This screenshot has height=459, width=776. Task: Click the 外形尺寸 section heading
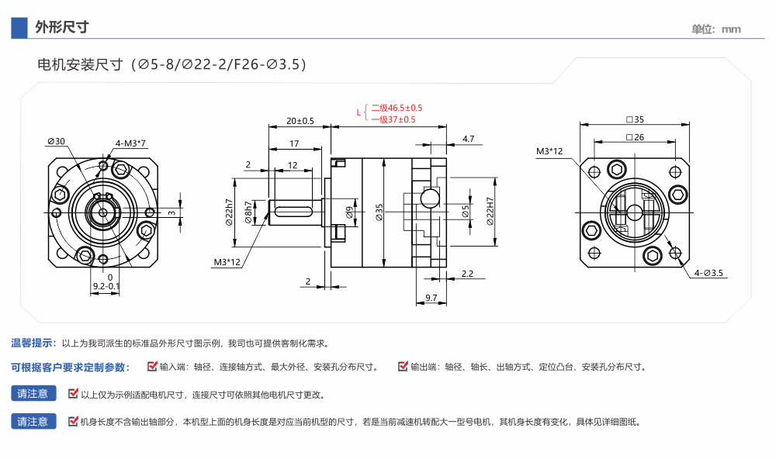(x=62, y=28)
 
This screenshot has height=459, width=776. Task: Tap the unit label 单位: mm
(x=716, y=29)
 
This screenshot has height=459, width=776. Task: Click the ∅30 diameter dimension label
(x=56, y=141)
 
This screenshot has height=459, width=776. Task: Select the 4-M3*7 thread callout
(x=131, y=143)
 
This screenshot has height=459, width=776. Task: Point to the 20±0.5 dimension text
(x=300, y=121)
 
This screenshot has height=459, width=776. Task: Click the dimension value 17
(x=295, y=144)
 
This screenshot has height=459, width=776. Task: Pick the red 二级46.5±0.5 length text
(x=397, y=108)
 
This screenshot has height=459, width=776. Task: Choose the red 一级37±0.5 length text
(x=393, y=119)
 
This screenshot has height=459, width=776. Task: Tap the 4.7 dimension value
(x=468, y=139)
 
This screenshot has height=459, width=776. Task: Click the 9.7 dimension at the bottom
(x=432, y=298)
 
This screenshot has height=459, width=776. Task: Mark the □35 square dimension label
(x=635, y=119)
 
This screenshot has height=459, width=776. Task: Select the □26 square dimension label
(x=635, y=137)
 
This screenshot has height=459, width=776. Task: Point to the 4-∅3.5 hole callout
(x=708, y=273)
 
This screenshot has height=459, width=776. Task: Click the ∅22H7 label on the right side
(x=490, y=211)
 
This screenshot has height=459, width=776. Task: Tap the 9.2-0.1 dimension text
(x=106, y=287)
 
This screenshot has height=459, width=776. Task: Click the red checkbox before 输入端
(x=153, y=366)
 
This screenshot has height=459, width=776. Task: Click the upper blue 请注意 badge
(x=33, y=394)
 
